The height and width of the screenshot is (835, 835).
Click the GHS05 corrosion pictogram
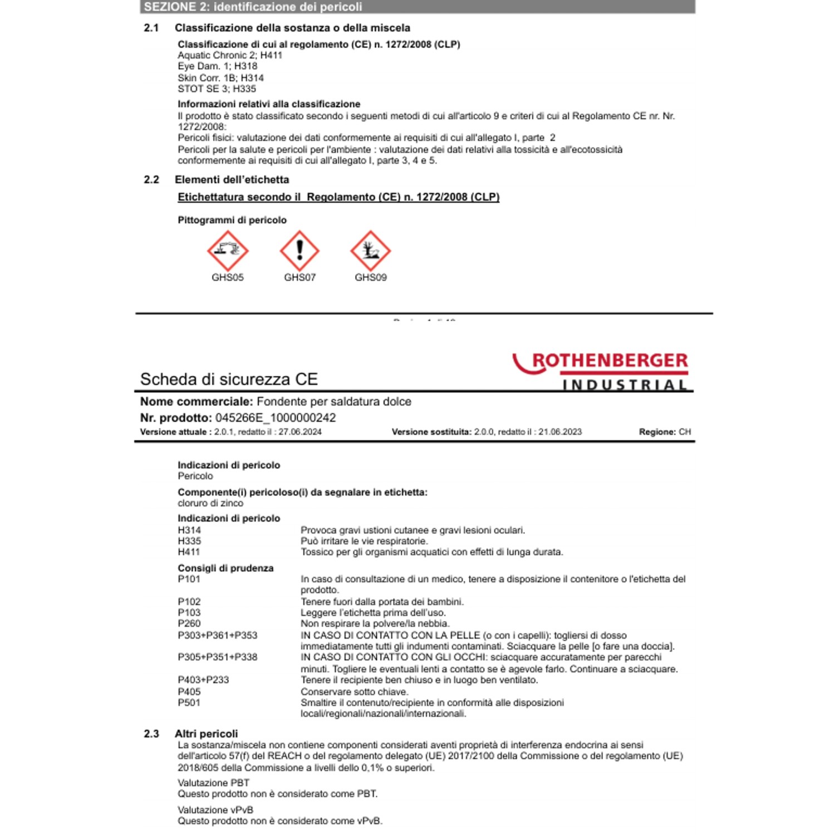pyautogui.click(x=228, y=250)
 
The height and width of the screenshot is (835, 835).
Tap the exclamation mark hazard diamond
pyautogui.click(x=299, y=250)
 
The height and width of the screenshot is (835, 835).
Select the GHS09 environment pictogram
pyautogui.click(x=370, y=250)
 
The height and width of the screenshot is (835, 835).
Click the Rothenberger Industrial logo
pyautogui.click(x=601, y=371)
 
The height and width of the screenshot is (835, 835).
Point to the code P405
pyautogui.click(x=189, y=692)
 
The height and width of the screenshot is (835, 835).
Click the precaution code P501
pyautogui.click(x=189, y=703)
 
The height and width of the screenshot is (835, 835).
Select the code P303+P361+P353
pyautogui.click(x=218, y=636)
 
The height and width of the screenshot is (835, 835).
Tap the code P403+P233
pyautogui.click(x=203, y=680)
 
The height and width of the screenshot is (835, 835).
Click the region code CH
pyautogui.click(x=685, y=432)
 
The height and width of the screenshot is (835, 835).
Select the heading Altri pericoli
pyautogui.click(x=206, y=734)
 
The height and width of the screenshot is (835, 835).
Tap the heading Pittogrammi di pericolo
pyautogui.click(x=232, y=220)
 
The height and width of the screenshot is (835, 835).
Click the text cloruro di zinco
pyautogui.click(x=210, y=503)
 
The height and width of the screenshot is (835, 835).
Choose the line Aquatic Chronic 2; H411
pyautogui.click(x=230, y=56)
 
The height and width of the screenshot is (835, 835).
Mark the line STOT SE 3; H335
pyautogui.click(x=217, y=89)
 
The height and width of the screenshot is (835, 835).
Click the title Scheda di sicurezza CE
pyautogui.click(x=229, y=380)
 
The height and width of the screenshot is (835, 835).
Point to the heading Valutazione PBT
pyautogui.click(x=213, y=783)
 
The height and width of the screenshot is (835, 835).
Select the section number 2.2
pyautogui.click(x=151, y=180)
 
